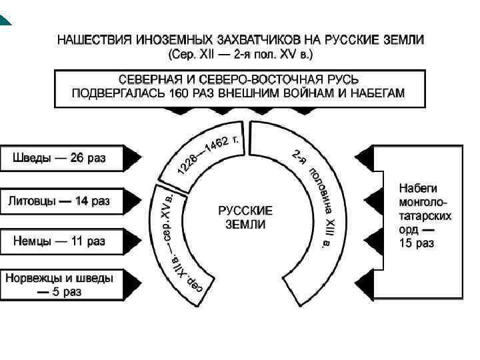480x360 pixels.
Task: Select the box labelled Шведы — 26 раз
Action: (60, 159)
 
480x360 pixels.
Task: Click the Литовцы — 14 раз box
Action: (60, 201)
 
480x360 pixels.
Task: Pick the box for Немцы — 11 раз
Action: (60, 241)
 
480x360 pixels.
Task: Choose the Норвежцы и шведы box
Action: (60, 283)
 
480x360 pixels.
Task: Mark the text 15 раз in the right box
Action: (416, 243)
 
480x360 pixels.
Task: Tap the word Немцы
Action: (31, 241)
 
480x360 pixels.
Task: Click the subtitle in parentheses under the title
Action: (239, 53)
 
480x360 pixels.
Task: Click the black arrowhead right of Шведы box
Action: (134, 159)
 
